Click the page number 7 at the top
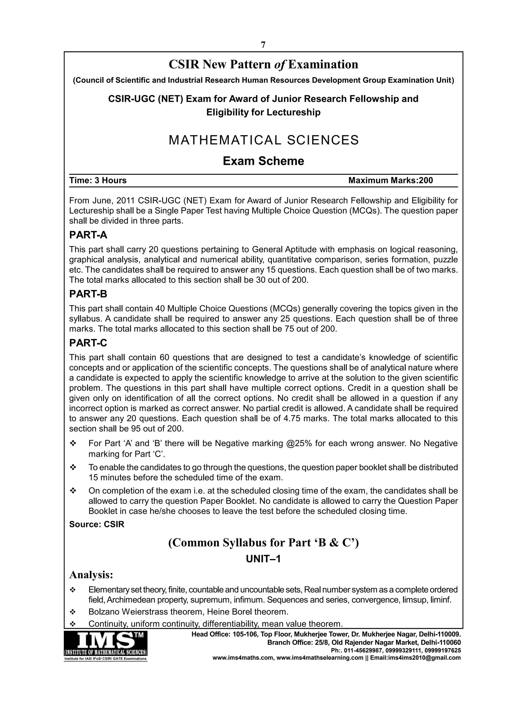(x=263, y=45)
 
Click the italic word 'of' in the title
(x=280, y=65)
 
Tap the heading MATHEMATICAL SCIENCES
(x=264, y=140)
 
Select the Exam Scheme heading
(x=264, y=161)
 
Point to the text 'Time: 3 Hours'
(x=98, y=180)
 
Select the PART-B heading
(x=88, y=294)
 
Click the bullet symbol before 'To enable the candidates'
(x=73, y=467)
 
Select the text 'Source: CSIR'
(x=97, y=524)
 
